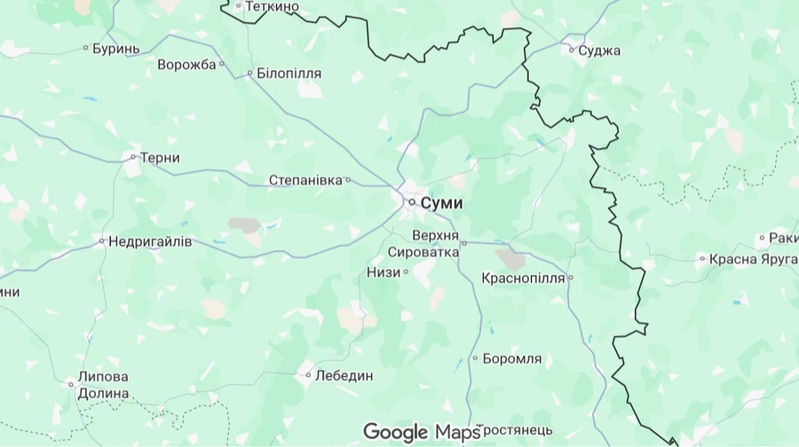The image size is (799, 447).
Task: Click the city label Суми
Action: coord(441,203)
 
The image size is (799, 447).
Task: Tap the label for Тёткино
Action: coord(272,7)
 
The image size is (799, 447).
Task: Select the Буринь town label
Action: coord(116,48)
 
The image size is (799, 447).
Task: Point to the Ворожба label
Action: coord(186,65)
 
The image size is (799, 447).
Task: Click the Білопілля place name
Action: coord(289,74)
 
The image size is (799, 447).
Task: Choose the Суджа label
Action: coord(599,51)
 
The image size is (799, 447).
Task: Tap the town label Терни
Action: coord(161,158)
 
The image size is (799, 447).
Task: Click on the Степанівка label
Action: coord(305,181)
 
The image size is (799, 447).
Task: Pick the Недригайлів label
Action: coord(150,241)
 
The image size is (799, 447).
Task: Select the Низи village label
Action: coord(384,272)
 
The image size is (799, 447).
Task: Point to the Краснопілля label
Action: coord(523,278)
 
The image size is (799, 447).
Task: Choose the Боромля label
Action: coord(512,359)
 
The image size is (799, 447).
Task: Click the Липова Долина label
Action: coord(103,385)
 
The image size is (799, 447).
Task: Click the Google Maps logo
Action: coord(421,433)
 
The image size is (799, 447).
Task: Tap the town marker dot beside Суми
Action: coord(412,203)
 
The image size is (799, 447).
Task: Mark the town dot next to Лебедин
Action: coord(308,375)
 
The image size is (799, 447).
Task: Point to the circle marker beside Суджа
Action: coord(572,50)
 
